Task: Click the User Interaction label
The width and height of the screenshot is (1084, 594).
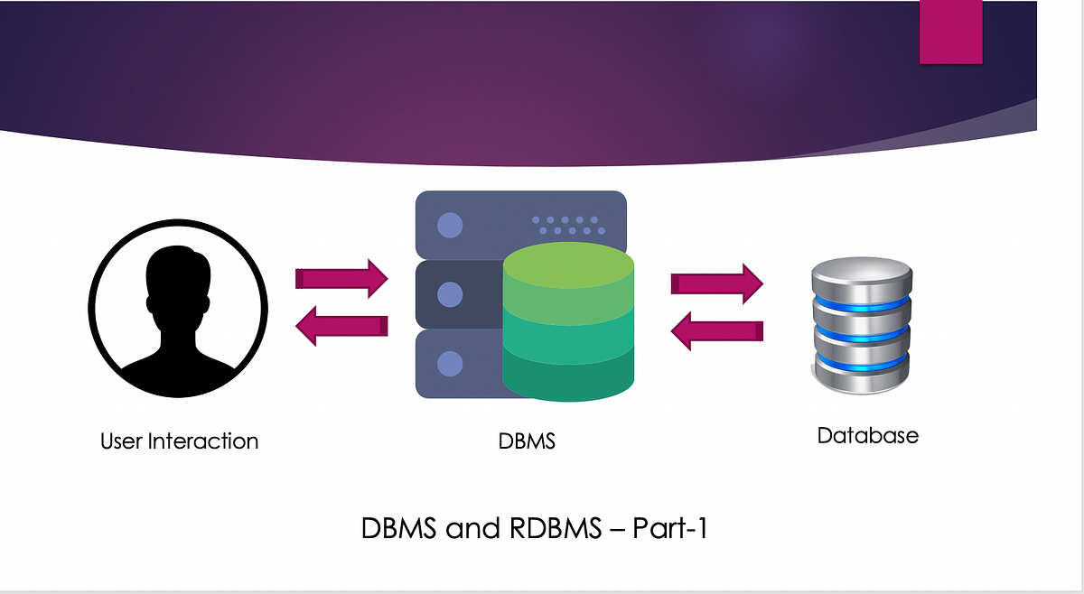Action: click(179, 441)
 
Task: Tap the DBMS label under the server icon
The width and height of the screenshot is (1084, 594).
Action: click(527, 441)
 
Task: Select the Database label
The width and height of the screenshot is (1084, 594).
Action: click(867, 435)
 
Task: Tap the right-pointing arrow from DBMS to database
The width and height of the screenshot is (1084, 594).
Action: click(717, 283)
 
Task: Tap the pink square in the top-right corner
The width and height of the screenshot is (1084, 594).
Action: click(950, 32)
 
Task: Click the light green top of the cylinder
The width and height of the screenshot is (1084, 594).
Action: click(568, 267)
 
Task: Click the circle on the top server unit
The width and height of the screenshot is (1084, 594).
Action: click(449, 225)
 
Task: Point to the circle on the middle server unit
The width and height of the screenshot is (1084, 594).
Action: click(449, 294)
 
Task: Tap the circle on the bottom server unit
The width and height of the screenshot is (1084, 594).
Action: click(449, 364)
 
